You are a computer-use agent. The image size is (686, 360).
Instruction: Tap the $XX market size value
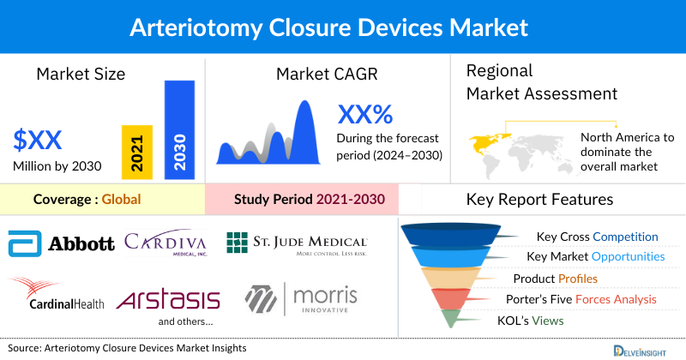38,140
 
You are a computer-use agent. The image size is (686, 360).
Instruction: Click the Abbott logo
61,244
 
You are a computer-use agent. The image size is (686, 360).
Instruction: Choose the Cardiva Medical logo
165,243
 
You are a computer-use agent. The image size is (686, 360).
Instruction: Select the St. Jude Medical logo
297,243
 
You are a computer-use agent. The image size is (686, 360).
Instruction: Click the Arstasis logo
168,300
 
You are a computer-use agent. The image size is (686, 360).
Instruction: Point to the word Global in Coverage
121,200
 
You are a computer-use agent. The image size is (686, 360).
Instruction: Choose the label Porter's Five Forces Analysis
585,299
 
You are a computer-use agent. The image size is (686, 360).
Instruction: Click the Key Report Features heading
539,200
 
